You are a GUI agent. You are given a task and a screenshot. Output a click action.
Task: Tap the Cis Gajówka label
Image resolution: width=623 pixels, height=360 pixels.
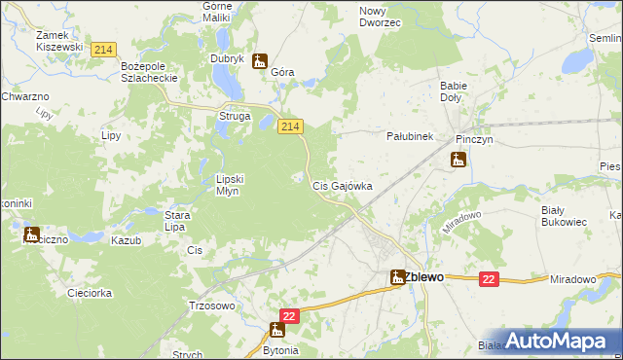pyautogui.click(x=342, y=185)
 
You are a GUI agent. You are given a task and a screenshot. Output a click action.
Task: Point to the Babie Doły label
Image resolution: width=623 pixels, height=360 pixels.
pyautogui.click(x=454, y=91)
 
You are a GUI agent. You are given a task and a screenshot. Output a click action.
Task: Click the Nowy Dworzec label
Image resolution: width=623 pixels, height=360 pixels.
pyautogui.click(x=380, y=17)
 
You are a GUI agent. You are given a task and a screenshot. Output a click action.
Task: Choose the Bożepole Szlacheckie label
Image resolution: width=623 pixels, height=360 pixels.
pyautogui.click(x=146, y=71)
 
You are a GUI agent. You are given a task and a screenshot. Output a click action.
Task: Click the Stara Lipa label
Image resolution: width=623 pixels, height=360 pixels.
pyautogui.click(x=175, y=220)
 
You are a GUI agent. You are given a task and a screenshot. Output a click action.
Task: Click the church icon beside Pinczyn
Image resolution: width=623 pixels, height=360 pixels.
pyautogui.click(x=458, y=161)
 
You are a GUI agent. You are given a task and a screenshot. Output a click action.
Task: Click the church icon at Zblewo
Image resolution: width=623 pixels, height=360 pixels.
pyautogui.click(x=397, y=276)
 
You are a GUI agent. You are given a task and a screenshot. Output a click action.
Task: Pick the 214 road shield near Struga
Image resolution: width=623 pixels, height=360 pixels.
pyautogui.click(x=291, y=126)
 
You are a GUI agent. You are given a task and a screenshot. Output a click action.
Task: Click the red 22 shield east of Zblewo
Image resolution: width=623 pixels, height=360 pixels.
pyautogui.click(x=489, y=279)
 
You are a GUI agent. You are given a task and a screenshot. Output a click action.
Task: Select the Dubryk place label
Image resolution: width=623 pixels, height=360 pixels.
pyautogui.click(x=226, y=58)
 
